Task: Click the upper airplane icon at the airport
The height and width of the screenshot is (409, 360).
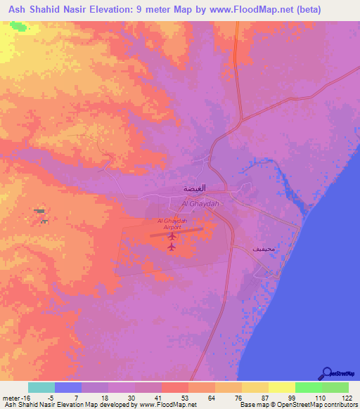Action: pyautogui.click(x=172, y=235)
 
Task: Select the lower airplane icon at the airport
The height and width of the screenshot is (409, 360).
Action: pyautogui.click(x=172, y=246)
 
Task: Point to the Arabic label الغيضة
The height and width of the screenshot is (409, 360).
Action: pyautogui.click(x=195, y=190)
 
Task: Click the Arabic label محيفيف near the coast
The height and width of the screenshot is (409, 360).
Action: pyautogui.click(x=262, y=249)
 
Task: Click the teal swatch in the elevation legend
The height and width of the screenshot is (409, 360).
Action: pyautogui.click(x=41, y=387)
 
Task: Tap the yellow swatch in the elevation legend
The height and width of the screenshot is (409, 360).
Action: pyautogui.click(x=282, y=387)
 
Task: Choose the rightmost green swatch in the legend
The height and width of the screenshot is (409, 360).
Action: pyautogui.click(x=335, y=387)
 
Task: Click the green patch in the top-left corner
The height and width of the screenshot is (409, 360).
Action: pyautogui.click(x=15, y=27)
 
